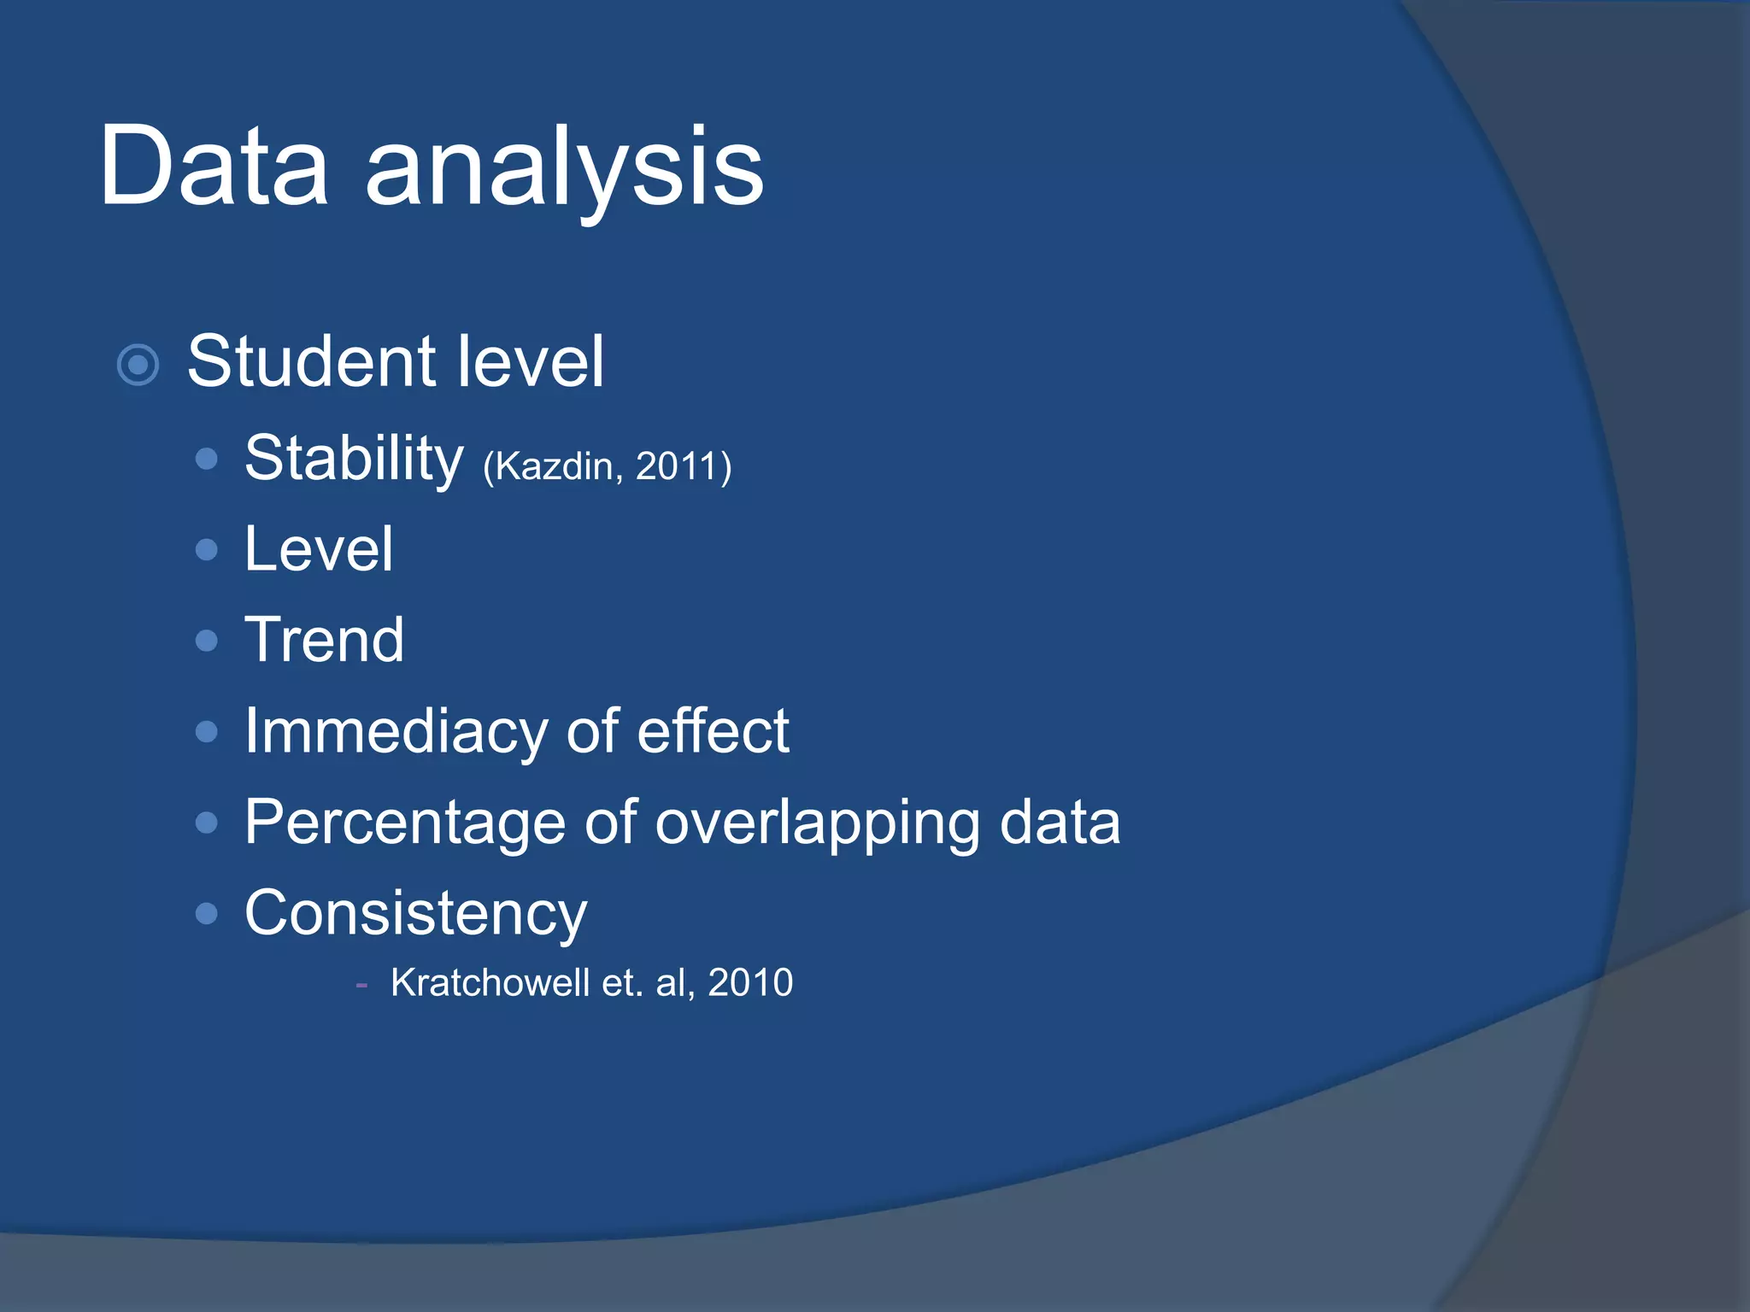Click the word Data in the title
(214, 167)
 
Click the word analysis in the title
(564, 171)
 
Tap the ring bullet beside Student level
(138, 366)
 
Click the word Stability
(354, 460)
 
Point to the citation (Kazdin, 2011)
(607, 467)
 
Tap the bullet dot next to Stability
(206, 460)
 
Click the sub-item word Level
(318, 549)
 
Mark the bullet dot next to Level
(206, 549)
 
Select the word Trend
(324, 640)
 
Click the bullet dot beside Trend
(206, 641)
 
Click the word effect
(713, 731)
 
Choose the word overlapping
(817, 823)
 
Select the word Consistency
(416, 914)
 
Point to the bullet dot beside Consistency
(206, 914)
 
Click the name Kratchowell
(490, 982)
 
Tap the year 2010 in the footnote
(750, 982)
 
